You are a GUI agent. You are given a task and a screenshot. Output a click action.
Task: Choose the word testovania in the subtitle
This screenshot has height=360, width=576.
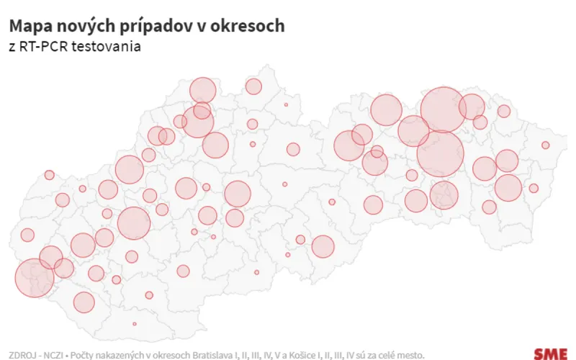(x=105, y=47)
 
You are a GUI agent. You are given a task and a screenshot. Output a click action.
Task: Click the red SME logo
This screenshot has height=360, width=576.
(x=550, y=354)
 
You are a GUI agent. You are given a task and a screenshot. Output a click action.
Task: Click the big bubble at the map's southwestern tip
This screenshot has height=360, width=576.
(x=34, y=278)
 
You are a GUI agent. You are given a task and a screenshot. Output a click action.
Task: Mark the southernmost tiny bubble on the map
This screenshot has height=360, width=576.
(x=135, y=324)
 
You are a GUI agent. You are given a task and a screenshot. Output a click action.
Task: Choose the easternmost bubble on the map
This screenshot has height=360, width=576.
(x=546, y=145)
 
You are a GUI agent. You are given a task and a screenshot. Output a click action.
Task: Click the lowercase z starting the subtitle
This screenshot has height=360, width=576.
(x=12, y=47)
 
